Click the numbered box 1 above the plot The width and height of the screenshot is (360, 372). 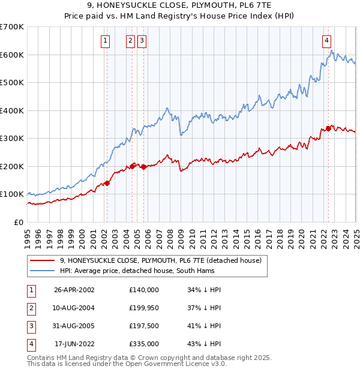[106, 41]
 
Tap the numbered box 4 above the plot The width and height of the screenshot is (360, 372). [327, 41]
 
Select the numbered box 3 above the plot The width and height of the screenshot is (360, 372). [142, 41]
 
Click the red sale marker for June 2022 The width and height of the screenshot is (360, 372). [328, 128]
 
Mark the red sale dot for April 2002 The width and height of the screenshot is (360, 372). [107, 183]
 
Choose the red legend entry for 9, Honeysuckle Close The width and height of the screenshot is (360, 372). [160, 261]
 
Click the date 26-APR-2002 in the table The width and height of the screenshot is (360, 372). [74, 290]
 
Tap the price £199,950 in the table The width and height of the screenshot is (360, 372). [144, 308]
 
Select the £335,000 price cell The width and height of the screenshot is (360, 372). [144, 344]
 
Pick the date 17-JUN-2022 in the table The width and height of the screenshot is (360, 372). [74, 344]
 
